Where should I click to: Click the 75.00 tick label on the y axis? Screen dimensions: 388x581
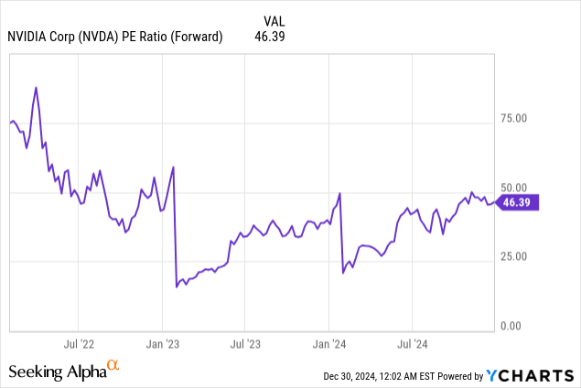coord(520,118)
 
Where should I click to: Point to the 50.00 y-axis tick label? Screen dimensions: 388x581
coord(520,187)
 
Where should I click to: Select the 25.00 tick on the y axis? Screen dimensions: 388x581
coord(520,255)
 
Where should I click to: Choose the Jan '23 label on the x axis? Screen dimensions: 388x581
coord(161,344)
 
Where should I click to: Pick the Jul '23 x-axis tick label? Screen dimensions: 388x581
coord(244,344)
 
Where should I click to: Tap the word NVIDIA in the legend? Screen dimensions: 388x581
coord(29,37)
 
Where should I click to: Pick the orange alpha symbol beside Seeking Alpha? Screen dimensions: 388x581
coord(113,366)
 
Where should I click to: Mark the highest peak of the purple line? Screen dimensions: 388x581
coord(36,88)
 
